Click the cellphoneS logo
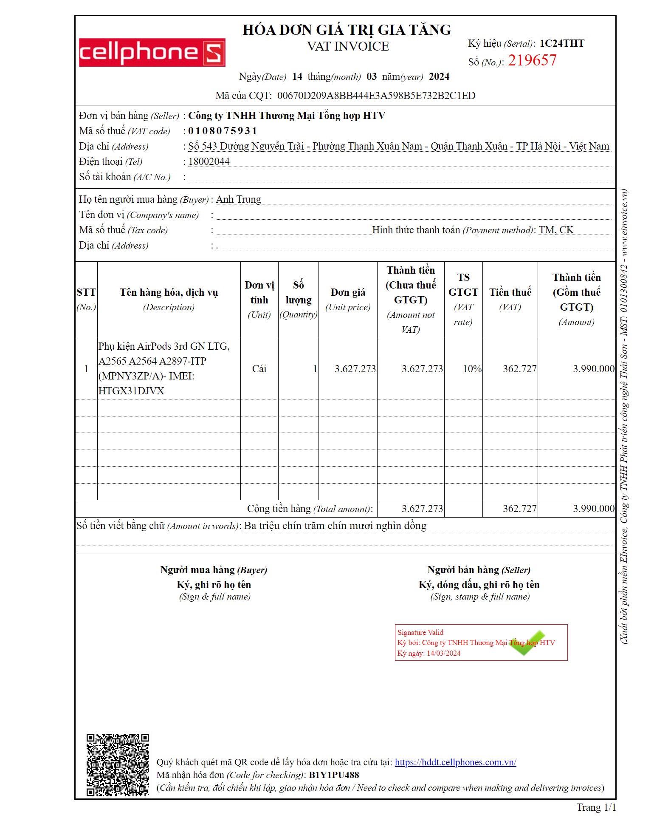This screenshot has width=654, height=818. pyautogui.click(x=152, y=53)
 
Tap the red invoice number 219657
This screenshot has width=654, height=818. pyautogui.click(x=532, y=61)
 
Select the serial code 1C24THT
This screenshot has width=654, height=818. pyautogui.click(x=561, y=44)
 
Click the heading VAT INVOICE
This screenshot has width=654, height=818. pyautogui.click(x=348, y=46)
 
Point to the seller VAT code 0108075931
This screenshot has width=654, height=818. pyautogui.click(x=223, y=131)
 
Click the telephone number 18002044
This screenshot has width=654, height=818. pyautogui.click(x=209, y=161)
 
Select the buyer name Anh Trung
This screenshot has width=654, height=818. pyautogui.click(x=238, y=199)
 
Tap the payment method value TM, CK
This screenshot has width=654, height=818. pyautogui.click(x=556, y=230)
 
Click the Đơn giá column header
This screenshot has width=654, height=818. pyautogui.click(x=348, y=299)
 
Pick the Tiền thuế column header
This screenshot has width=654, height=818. pyautogui.click(x=510, y=299)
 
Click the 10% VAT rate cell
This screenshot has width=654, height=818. pyautogui.click(x=472, y=369)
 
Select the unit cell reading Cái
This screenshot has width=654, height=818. pyautogui.click(x=259, y=369)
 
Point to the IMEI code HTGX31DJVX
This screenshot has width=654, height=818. pyautogui.click(x=131, y=391)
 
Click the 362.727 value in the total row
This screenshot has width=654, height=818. pyautogui.click(x=519, y=509)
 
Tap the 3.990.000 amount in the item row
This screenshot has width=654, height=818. pyautogui.click(x=593, y=369)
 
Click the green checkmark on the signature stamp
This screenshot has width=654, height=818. pyautogui.click(x=527, y=643)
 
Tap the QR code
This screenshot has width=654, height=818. pyautogui.click(x=118, y=764)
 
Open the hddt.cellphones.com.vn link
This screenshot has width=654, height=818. pyautogui.click(x=455, y=762)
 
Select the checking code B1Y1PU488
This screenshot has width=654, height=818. pyautogui.click(x=334, y=775)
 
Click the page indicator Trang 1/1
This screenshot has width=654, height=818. pyautogui.click(x=596, y=807)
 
